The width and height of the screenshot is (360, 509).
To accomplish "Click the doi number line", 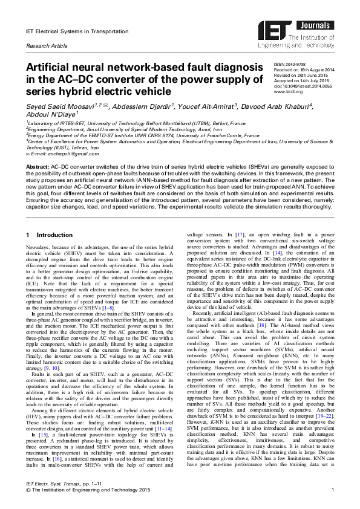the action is pyautogui.click(x=303, y=85).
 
